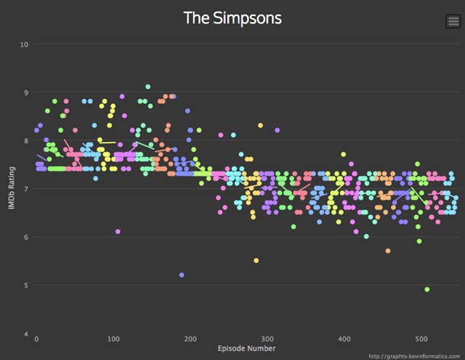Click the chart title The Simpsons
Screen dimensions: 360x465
coord(232,18)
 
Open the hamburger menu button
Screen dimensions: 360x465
coord(453,21)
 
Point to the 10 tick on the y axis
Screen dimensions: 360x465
coord(24,44)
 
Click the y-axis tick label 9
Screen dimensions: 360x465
coord(25,93)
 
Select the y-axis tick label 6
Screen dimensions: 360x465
coord(25,237)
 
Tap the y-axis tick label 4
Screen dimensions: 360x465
coord(25,334)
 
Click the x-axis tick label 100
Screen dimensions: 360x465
coord(113,339)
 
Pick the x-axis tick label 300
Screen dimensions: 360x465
coord(267,339)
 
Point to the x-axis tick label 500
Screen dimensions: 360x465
coord(420,339)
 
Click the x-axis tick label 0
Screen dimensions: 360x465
coord(36,339)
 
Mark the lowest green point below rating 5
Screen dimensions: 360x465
coord(427,290)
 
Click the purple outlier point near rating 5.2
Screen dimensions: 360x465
coord(181,275)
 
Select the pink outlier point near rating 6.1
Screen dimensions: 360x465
coord(118,231)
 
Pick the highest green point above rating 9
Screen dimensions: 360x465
coord(148,87)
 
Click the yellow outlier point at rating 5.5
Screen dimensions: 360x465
coord(256,261)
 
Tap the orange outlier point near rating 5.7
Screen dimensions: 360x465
coord(388,251)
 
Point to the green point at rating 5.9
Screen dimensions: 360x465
coord(419,241)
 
